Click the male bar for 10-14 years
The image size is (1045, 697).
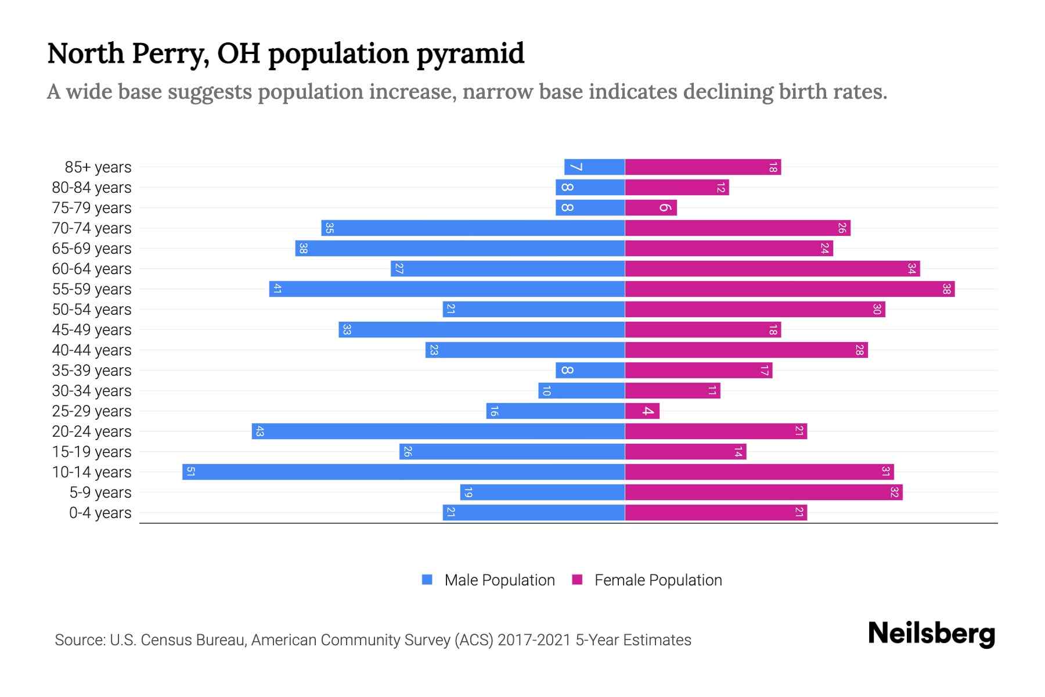403,472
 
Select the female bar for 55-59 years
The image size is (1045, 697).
790,289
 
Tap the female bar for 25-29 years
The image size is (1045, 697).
642,411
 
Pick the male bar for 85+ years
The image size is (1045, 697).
594,167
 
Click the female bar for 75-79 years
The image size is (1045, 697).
651,207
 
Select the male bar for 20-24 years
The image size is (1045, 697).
438,431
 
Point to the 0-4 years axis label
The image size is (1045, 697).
100,513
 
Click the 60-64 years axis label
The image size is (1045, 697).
92,269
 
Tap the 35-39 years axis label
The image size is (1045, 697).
92,371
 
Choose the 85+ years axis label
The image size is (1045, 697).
98,167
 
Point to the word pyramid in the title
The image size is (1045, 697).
470,54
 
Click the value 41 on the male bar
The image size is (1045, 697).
278,289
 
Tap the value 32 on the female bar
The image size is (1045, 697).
895,492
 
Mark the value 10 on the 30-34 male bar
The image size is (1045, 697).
546,391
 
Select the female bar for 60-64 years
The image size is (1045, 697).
772,268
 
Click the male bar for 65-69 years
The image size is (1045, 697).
460,248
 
